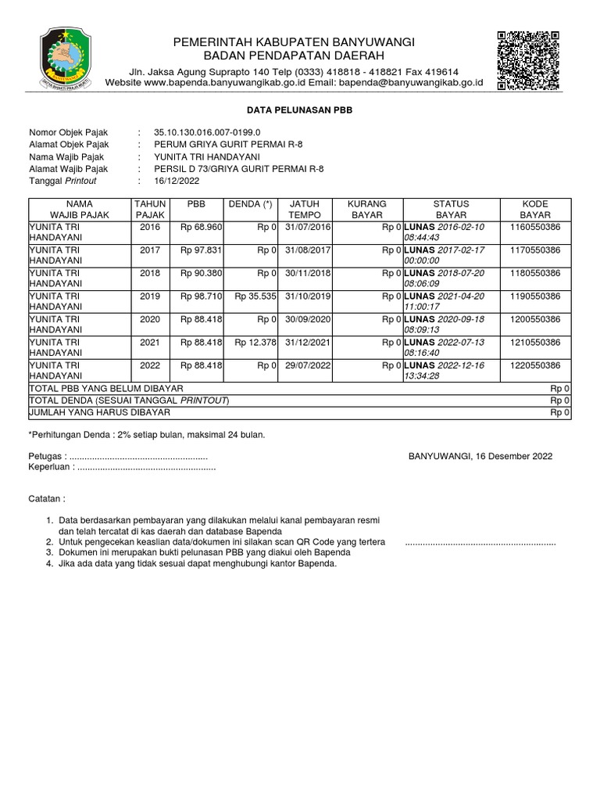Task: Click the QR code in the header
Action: point(528,60)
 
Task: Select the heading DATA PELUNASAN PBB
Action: point(300,111)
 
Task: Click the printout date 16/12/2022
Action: point(177,180)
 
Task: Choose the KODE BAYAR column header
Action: point(535,209)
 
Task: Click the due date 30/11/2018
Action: point(303,273)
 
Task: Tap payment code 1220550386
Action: point(534,365)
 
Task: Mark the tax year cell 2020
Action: point(148,319)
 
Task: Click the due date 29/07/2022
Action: point(303,365)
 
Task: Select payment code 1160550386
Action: point(534,227)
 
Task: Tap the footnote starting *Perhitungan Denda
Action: point(146,434)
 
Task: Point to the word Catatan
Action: point(47,498)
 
